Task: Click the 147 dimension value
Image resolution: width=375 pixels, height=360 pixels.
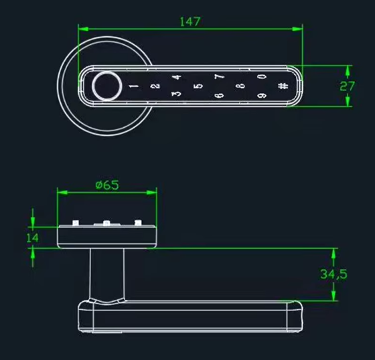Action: pos(190,21)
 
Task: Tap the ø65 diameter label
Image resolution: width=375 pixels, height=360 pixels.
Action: pos(107,185)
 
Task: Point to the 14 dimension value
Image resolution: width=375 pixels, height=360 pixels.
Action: pos(32,237)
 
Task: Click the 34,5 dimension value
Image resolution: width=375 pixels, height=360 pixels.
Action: pos(333,274)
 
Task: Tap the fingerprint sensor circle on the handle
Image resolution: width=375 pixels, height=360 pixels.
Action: pos(106,86)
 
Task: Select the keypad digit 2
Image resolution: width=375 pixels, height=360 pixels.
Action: pos(155,86)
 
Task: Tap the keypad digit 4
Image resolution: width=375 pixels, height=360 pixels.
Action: pos(177,78)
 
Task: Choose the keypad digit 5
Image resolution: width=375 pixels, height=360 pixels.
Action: pos(197,86)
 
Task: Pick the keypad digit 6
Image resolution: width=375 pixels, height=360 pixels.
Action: pos(218,95)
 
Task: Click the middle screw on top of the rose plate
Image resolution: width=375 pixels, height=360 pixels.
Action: pos(106,223)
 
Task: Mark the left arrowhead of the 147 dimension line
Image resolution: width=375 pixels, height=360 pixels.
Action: pos(82,28)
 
